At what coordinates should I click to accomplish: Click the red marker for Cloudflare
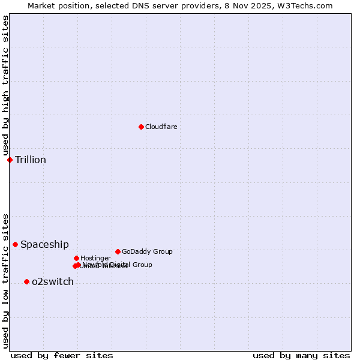click(141, 127)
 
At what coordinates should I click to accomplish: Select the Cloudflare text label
click(161, 127)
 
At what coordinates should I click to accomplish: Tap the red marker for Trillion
click(10, 160)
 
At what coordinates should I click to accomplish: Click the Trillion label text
click(31, 160)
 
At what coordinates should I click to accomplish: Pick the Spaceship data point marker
click(15, 244)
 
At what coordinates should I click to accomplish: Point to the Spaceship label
click(44, 244)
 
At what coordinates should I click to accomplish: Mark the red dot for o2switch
click(26, 281)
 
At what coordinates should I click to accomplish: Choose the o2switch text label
click(53, 281)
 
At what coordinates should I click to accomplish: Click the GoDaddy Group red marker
click(118, 251)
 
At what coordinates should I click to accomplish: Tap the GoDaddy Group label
click(147, 251)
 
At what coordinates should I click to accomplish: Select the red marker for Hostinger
click(76, 258)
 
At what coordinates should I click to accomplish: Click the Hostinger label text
click(95, 258)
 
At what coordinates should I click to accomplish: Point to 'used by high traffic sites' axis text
click(5, 86)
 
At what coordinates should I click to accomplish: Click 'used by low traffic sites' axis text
click(5, 281)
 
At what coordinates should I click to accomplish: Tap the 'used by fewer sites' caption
click(62, 355)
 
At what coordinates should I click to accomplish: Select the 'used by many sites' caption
click(301, 355)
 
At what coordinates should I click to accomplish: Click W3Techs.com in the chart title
click(308, 5)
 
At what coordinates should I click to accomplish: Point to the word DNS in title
click(148, 5)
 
